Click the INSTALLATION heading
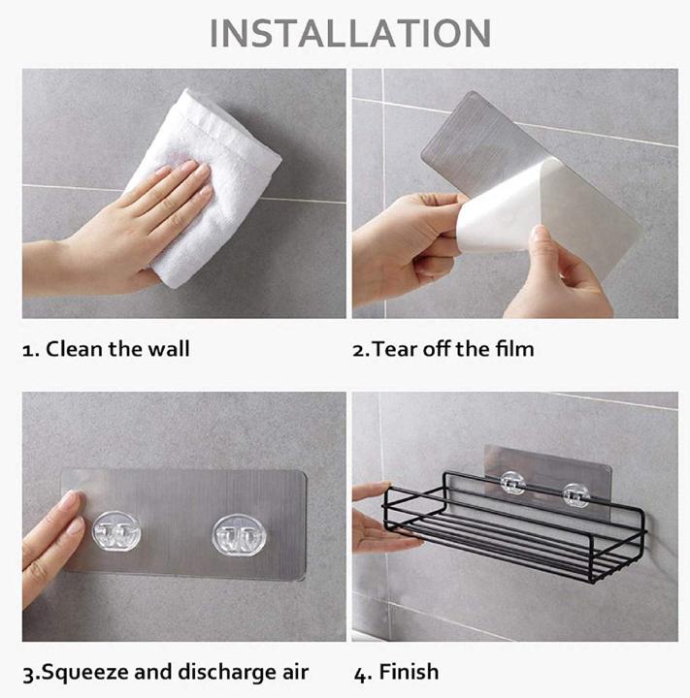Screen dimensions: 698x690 [350, 33]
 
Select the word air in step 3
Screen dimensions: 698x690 [289, 672]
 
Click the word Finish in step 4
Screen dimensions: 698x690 [410, 672]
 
